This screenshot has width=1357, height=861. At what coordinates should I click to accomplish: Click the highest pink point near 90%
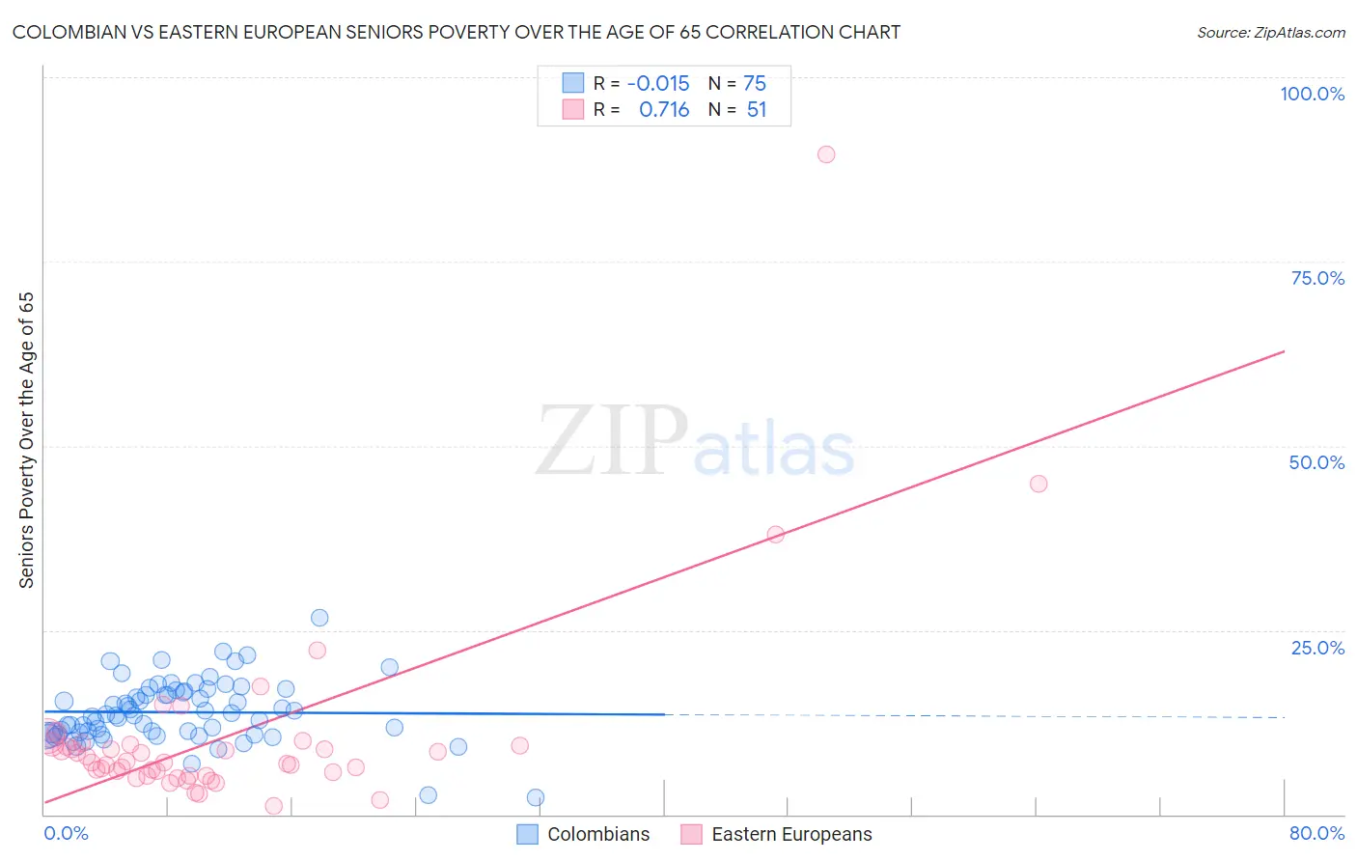click(826, 154)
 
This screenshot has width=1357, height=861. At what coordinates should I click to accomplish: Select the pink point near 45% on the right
click(1039, 484)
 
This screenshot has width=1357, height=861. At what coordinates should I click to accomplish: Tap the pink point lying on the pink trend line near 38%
click(776, 534)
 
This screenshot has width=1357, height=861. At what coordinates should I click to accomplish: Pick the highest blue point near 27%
click(319, 618)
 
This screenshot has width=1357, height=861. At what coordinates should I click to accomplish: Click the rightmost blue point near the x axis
click(536, 797)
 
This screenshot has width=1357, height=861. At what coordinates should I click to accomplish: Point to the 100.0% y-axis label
click(1312, 94)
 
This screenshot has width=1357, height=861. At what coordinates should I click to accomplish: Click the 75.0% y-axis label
click(1317, 278)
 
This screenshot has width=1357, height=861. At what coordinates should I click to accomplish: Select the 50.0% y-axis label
click(1316, 462)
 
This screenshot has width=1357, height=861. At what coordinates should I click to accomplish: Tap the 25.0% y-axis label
click(1317, 648)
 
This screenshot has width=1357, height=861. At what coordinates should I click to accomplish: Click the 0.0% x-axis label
click(66, 833)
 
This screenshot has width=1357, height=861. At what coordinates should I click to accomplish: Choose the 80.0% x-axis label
click(1316, 833)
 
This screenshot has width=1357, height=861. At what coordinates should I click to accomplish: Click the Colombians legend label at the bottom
click(598, 834)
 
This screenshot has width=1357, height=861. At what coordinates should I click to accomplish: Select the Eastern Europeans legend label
click(791, 834)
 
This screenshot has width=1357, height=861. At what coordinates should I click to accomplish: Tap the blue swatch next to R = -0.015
click(573, 83)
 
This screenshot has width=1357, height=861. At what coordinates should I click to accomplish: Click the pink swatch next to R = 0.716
click(573, 109)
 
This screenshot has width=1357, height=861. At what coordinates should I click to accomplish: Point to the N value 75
click(755, 83)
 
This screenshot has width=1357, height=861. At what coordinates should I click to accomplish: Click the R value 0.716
click(664, 109)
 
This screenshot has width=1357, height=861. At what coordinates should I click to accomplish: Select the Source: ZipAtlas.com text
click(1270, 33)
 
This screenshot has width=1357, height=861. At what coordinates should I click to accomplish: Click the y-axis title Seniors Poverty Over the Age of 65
click(27, 440)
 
